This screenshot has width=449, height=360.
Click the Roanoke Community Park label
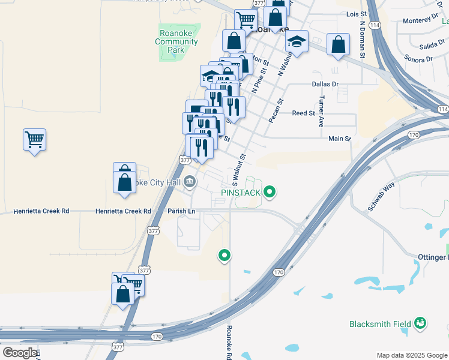[x=176, y=41]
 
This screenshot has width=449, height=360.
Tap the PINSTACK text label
[x=240, y=193]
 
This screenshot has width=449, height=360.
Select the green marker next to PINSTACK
[x=270, y=192]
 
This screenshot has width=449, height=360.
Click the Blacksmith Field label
[x=380, y=324]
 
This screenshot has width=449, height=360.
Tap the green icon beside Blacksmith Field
[x=420, y=324]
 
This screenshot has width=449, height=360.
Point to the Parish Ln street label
[x=182, y=211]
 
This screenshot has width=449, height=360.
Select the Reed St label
[x=303, y=113]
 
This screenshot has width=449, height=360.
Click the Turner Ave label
[x=322, y=111]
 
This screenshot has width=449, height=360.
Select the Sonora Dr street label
[x=418, y=59]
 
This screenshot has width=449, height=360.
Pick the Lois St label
[x=356, y=13]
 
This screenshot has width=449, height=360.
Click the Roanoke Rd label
[x=229, y=342]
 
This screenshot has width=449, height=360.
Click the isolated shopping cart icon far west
[x=34, y=140]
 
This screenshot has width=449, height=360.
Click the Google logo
[x=19, y=353]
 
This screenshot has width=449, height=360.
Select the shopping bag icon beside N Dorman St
[x=338, y=44]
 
